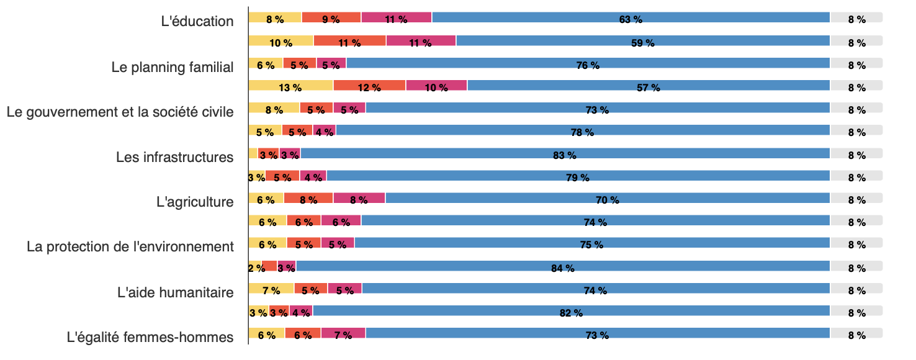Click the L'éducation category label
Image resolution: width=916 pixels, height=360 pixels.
click(x=197, y=21)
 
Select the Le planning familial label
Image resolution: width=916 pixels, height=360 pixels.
click(x=173, y=67)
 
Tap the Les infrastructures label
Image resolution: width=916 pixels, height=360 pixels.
click(x=174, y=157)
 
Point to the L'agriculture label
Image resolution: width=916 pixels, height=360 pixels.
click(x=195, y=202)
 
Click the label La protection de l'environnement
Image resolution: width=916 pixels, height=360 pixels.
click(x=130, y=246)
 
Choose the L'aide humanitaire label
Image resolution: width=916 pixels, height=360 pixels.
click(x=175, y=292)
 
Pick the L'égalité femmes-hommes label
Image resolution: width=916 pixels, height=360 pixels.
click(x=150, y=338)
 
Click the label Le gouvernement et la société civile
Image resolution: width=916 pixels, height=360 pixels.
click(x=120, y=112)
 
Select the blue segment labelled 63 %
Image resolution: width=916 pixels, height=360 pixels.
click(x=631, y=18)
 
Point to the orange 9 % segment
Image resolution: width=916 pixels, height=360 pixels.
click(x=331, y=18)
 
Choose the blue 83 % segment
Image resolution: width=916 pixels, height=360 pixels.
click(x=565, y=153)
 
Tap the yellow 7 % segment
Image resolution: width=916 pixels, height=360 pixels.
click(x=271, y=289)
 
